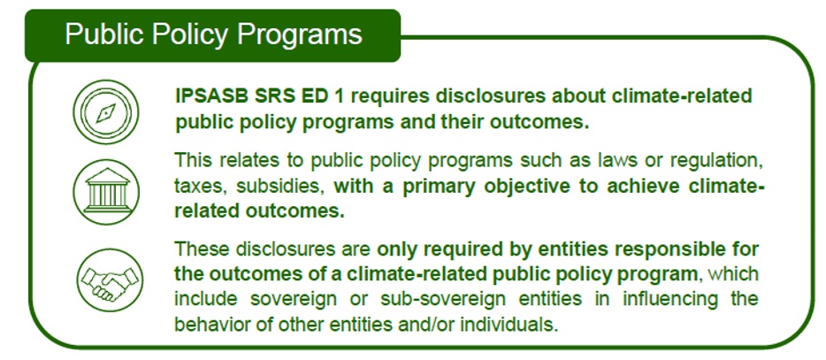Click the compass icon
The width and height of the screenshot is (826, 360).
coord(106,111)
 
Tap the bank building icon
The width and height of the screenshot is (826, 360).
coord(106,191)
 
